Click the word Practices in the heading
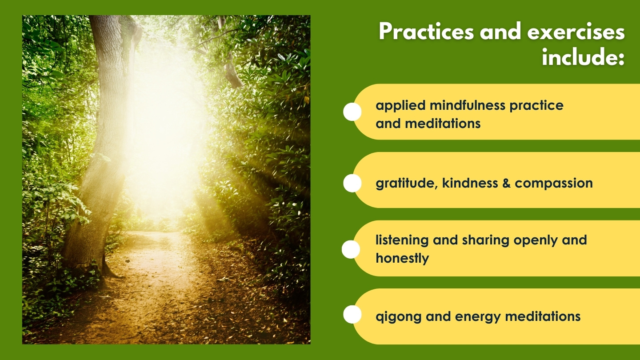[426, 32]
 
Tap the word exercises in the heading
[576, 32]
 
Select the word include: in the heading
[583, 56]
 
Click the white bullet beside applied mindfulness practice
[352, 112]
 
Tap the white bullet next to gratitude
[352, 183]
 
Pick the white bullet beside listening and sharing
[351, 249]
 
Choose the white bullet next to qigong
[352, 314]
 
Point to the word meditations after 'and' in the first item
[443, 124]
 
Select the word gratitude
[407, 184]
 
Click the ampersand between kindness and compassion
[506, 183]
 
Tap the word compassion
[554, 184]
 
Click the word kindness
[470, 183]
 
